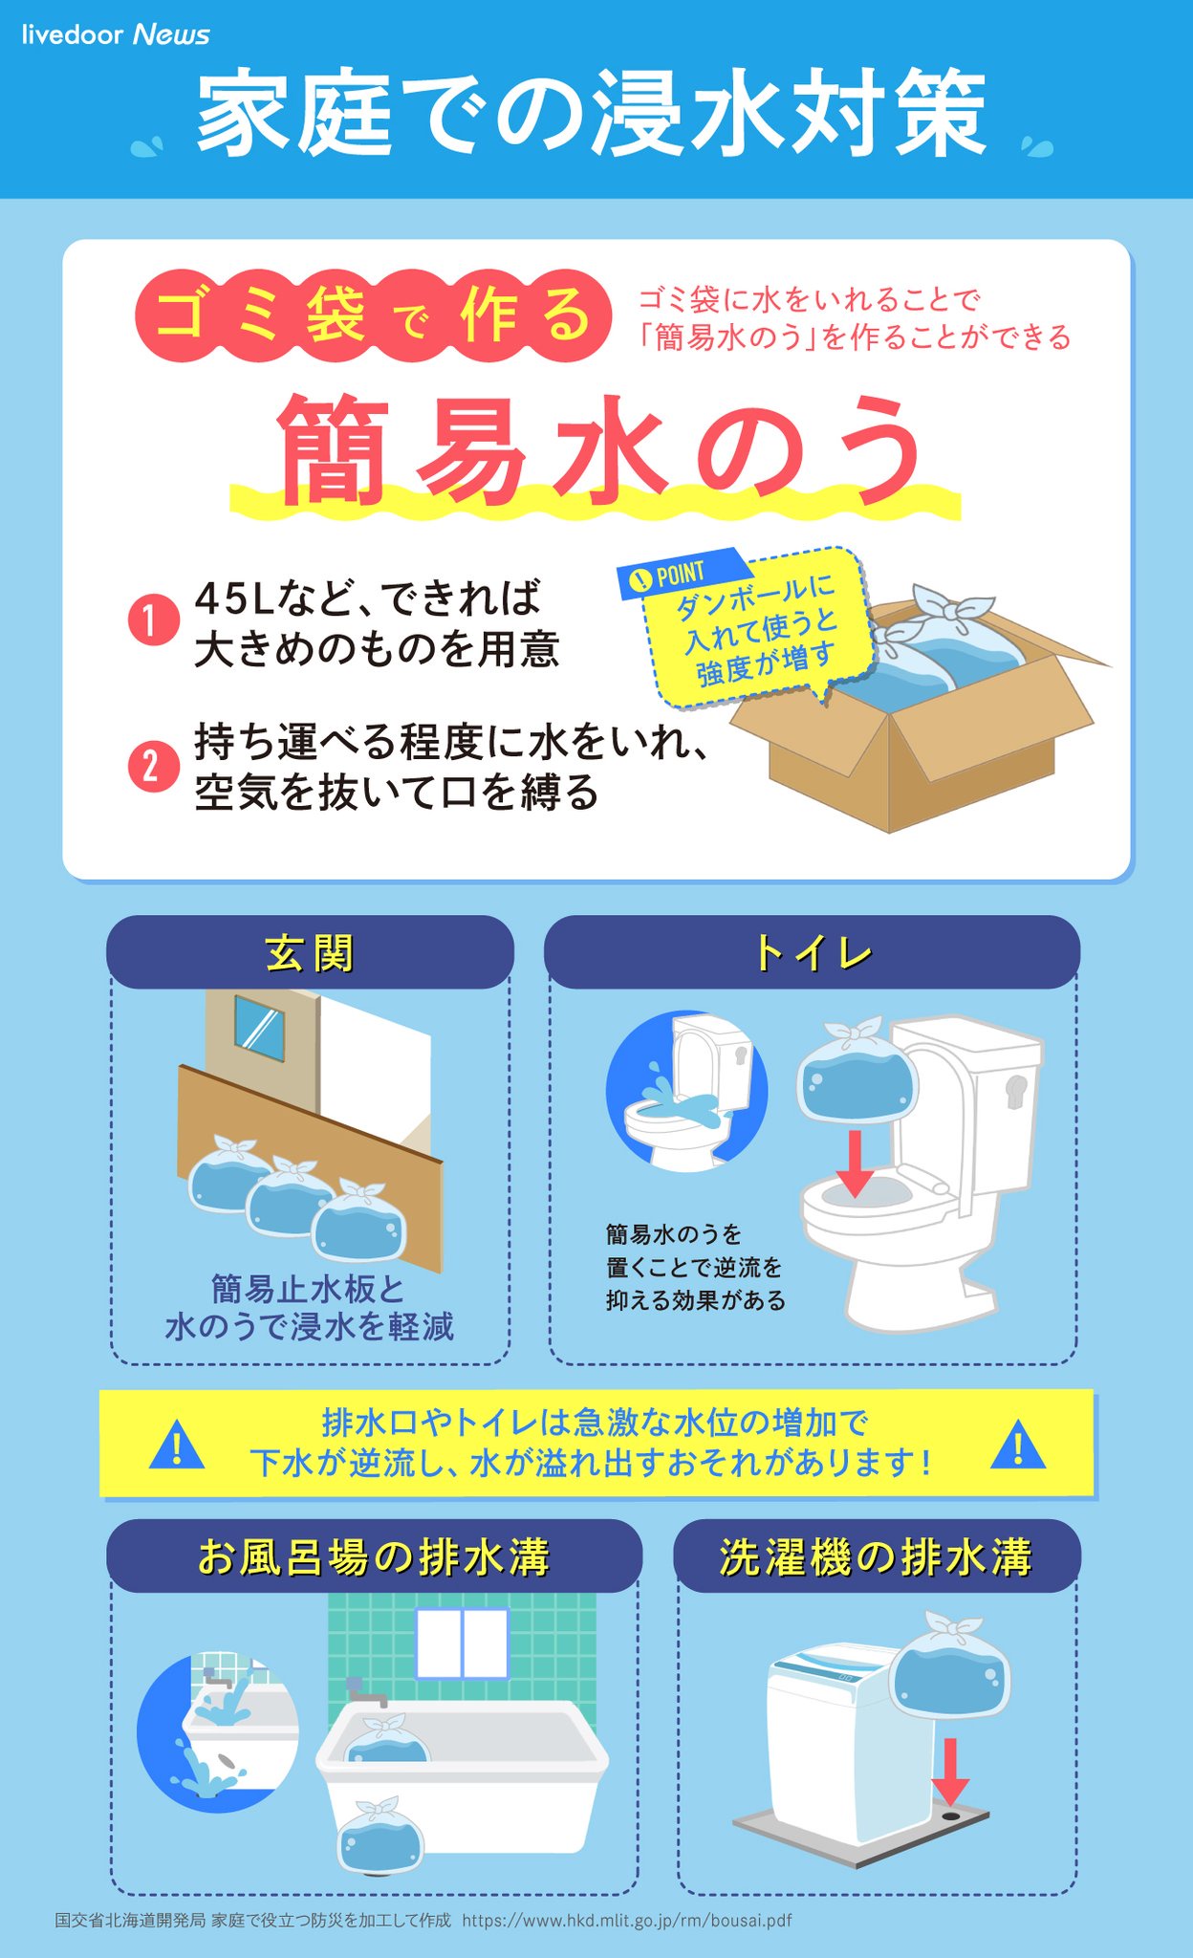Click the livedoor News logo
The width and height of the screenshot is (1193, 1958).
tap(116, 34)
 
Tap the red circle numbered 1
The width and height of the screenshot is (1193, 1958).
tap(154, 621)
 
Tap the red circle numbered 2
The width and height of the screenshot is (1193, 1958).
tap(154, 767)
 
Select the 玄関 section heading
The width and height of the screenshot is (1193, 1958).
tap(310, 953)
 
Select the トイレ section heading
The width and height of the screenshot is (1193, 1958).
tap(813, 953)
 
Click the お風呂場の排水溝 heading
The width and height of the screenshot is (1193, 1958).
tap(374, 1556)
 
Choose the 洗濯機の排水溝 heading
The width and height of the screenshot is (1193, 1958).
tap(877, 1556)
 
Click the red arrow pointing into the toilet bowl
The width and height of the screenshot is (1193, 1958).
tap(855, 1163)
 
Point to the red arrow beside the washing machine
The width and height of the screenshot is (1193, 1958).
tap(950, 1771)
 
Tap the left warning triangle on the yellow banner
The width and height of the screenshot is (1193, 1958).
tap(177, 1445)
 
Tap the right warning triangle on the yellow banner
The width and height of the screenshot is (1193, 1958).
tap(1018, 1445)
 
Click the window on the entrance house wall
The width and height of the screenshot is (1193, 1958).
tap(259, 1029)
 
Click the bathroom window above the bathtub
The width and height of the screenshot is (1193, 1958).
tap(463, 1643)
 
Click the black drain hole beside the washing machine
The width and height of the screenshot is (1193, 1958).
tap(950, 1815)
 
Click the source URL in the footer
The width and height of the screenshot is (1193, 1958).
tap(627, 1920)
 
